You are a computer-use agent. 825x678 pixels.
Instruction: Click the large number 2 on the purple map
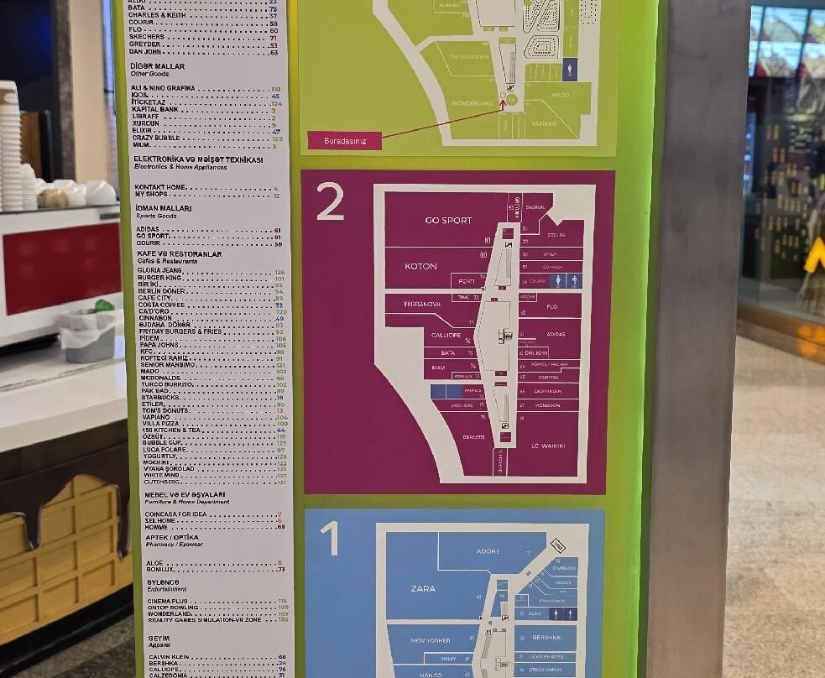pyautogui.click(x=330, y=201)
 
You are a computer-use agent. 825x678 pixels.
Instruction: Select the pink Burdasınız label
pyautogui.click(x=343, y=141)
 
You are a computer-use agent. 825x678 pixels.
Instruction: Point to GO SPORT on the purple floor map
pyautogui.click(x=448, y=221)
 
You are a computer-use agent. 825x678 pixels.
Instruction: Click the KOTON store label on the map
pyautogui.click(x=420, y=266)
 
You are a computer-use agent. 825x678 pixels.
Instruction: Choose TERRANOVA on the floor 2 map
pyautogui.click(x=422, y=303)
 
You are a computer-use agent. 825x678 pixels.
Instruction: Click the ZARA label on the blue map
pyautogui.click(x=423, y=589)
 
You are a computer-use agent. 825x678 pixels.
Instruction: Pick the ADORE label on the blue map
pyautogui.click(x=488, y=551)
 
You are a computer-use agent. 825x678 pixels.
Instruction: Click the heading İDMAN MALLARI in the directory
pyautogui.click(x=164, y=208)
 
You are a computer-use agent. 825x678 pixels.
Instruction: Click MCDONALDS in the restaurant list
pyautogui.click(x=159, y=378)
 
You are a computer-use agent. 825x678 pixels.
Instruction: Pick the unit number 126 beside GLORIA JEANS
pyautogui.click(x=279, y=272)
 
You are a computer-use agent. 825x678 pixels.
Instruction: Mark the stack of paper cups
pyautogui.click(x=9, y=147)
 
